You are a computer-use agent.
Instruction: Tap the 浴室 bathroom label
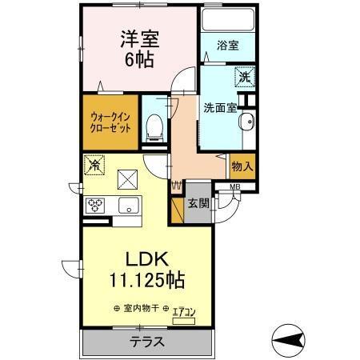coord(227,46)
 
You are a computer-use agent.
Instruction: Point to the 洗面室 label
coord(218,107)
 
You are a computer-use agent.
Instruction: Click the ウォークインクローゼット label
coord(108,124)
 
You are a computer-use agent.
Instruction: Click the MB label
coord(234,188)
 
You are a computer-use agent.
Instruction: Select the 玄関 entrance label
coord(198,203)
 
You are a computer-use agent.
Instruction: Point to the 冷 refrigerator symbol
coord(94,166)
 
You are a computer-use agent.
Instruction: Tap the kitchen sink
coord(128,206)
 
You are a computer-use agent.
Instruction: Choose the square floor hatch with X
coord(128,178)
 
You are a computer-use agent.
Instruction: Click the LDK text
coord(147,260)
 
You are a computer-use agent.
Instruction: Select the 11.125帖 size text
coord(147,282)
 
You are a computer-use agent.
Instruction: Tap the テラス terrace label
coord(147,342)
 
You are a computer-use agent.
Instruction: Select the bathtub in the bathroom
coord(227,20)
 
